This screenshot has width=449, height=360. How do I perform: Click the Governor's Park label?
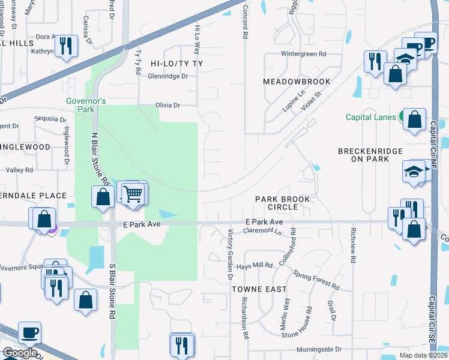pos(86,105)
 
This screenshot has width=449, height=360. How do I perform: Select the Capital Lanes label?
pos(370,117)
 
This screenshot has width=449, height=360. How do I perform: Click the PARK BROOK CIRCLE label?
pos(282,203)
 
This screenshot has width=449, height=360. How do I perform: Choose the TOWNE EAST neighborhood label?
pos(259,289)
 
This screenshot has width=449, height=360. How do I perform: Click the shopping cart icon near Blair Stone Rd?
pos(133,193)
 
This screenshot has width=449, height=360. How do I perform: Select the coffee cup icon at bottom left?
pos(29,332)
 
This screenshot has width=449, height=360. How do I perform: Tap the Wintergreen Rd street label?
pos(304,53)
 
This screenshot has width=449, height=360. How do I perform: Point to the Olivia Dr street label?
pos(168,105)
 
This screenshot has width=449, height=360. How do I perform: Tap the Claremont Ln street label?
pos(264,230)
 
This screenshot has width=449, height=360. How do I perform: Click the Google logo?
pos(20,353)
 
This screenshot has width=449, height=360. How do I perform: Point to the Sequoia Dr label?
pos(50,119)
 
